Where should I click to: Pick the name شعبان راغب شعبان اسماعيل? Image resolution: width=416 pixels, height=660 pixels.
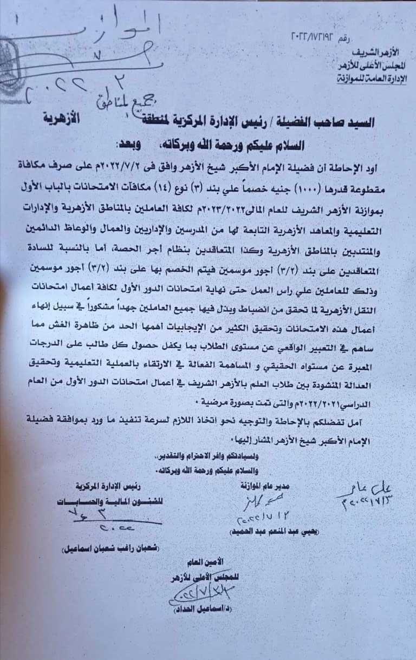[101, 548]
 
